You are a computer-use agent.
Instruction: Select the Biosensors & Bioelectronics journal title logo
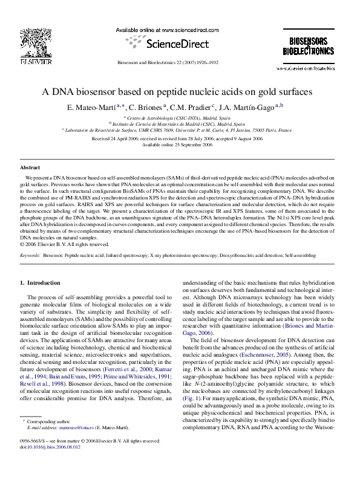(x=308, y=46)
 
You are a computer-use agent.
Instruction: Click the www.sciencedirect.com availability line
(x=166, y=29)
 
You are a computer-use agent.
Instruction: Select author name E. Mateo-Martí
(x=100, y=108)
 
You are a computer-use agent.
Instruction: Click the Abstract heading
(x=30, y=167)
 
